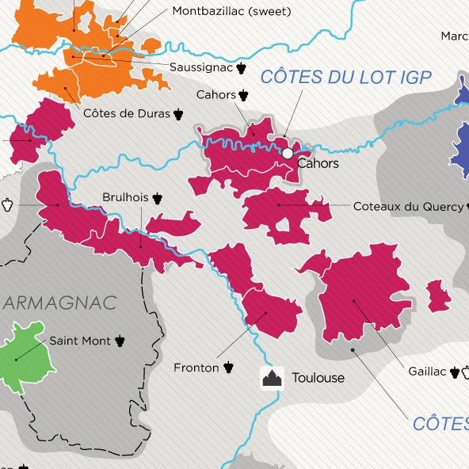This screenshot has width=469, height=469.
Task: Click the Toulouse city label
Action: (318, 378)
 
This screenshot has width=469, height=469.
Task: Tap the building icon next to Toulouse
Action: (272, 378)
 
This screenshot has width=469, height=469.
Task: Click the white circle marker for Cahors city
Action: (287, 152)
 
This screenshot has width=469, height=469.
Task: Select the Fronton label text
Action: (196, 368)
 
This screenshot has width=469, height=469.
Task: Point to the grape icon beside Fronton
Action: (229, 367)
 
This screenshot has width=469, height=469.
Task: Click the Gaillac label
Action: (427, 371)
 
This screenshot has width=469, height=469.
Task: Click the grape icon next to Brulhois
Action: (158, 197)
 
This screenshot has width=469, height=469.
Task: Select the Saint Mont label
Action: (80, 341)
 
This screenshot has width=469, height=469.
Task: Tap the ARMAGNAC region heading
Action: (59, 303)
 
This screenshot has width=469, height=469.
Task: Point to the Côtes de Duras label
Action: (127, 113)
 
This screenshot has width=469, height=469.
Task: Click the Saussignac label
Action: (201, 68)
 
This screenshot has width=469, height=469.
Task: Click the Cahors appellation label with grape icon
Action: (216, 95)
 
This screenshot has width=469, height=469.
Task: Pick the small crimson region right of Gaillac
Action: (438, 296)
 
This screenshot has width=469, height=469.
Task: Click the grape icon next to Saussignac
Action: (242, 68)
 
